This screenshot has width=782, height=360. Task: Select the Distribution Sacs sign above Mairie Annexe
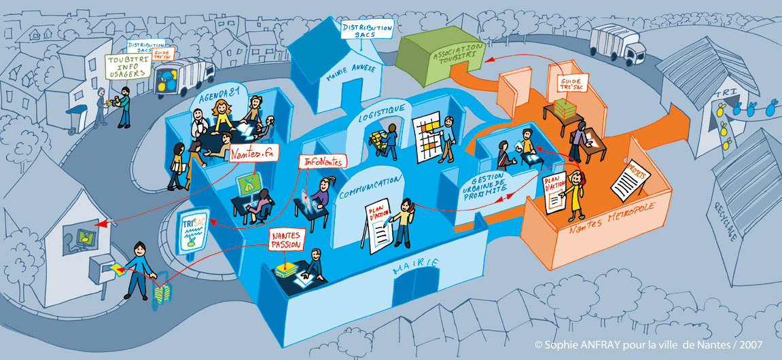(367, 29)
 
